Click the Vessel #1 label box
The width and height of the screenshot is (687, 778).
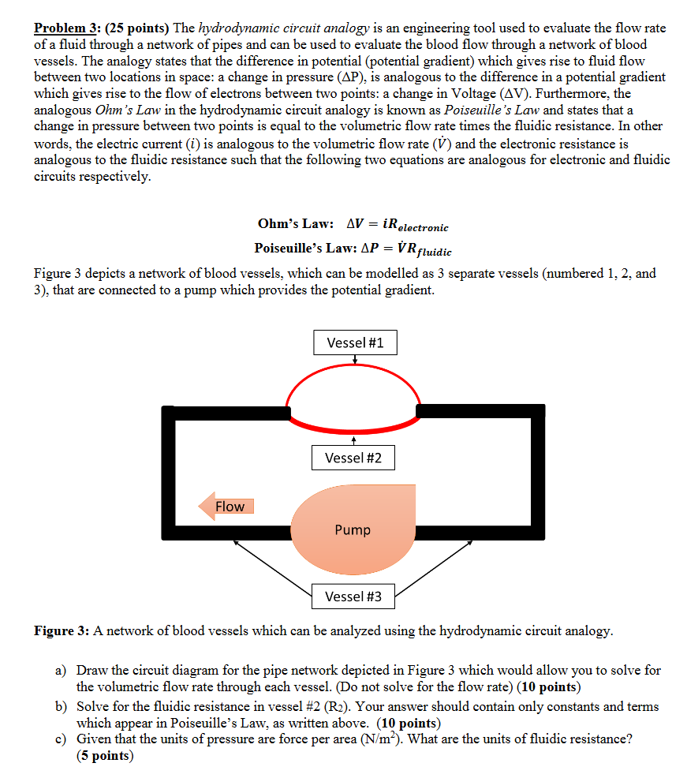point(355,342)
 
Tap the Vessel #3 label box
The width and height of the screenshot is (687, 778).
point(353,597)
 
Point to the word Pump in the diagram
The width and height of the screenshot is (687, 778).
point(352,529)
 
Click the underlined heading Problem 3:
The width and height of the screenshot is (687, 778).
point(67,28)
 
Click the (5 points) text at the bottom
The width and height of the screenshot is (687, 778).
point(105,756)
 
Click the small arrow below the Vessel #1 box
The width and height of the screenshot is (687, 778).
point(355,360)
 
